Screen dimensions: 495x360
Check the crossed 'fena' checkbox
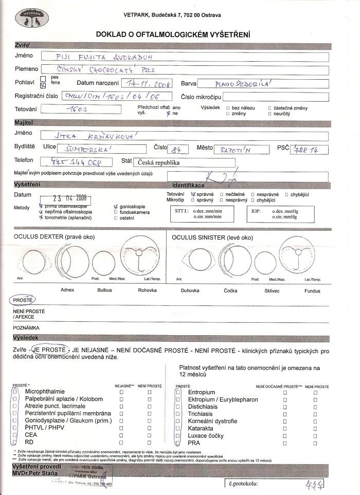(43, 85)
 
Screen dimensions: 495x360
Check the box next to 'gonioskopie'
(116, 206)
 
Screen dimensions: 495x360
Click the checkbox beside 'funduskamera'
(116, 212)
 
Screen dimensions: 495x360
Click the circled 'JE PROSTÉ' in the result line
(49, 350)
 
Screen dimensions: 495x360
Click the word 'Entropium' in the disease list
(202, 392)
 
